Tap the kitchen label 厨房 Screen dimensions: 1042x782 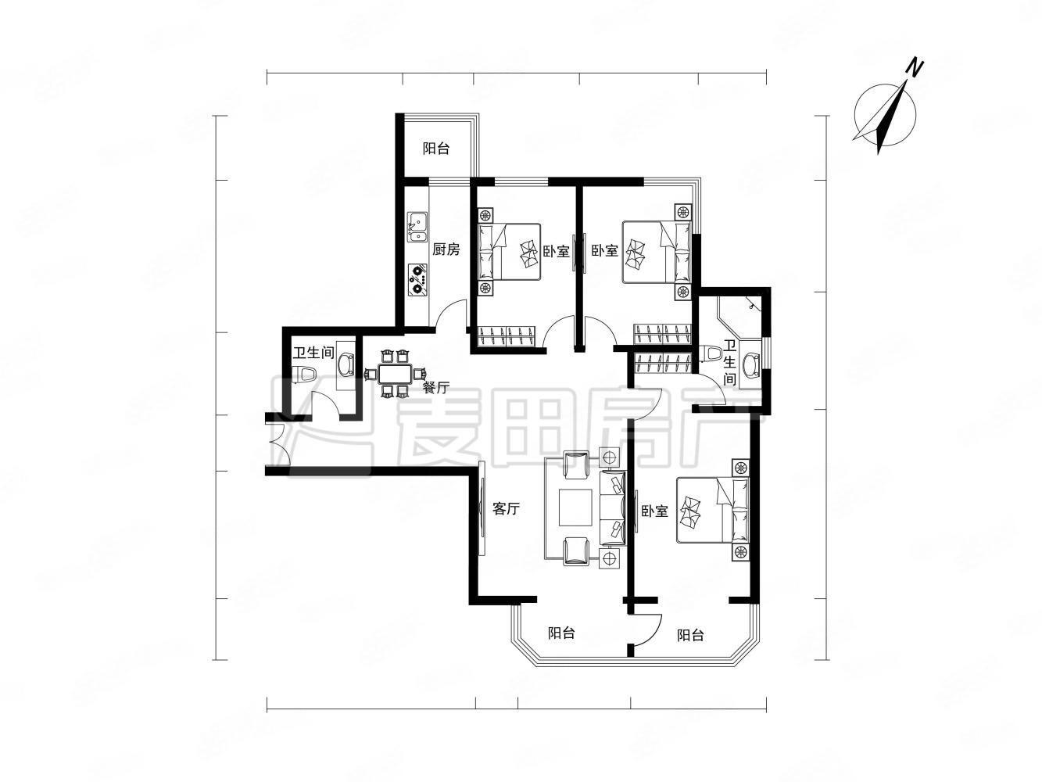446,249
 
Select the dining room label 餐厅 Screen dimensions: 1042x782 435,387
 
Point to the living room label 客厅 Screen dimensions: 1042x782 506,509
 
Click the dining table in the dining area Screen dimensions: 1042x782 395,374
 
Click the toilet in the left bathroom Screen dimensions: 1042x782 304,374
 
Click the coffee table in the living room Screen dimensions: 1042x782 575,508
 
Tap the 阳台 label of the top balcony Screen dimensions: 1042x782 435,149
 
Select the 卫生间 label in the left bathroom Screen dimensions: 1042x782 313,353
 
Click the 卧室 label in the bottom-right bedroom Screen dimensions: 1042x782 654,511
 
